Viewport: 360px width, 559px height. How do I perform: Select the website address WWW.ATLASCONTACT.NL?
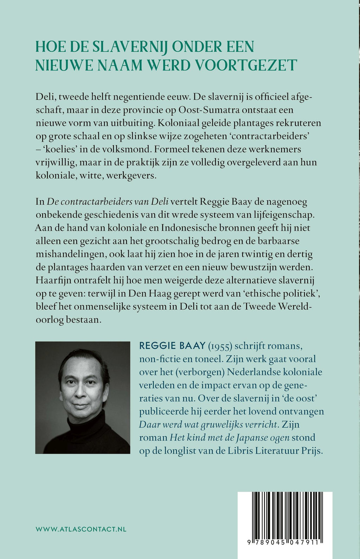(81, 529)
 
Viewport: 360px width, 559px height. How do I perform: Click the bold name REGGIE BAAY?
(172, 346)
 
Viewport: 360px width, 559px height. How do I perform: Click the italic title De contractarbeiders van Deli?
(108, 202)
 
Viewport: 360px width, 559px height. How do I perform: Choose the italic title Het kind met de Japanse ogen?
(230, 438)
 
